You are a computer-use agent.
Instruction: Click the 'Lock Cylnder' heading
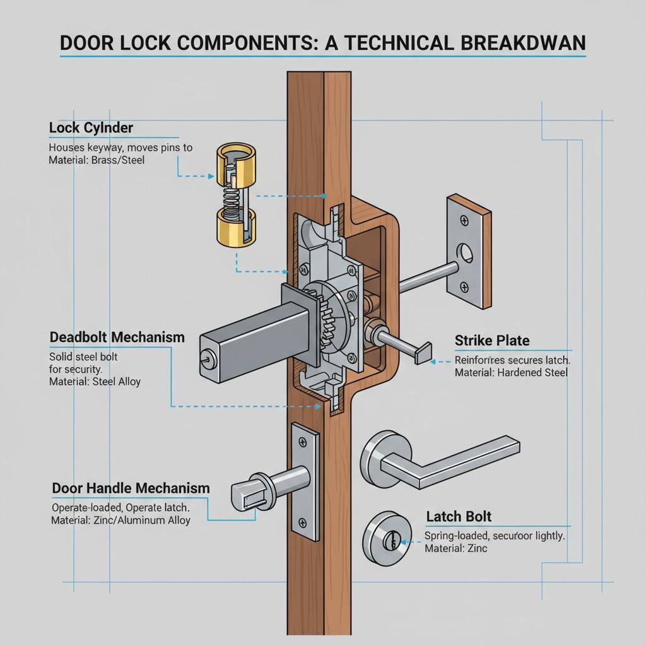click(x=91, y=128)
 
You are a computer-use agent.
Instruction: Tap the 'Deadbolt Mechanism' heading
click(x=117, y=337)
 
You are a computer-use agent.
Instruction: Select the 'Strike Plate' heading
click(x=492, y=341)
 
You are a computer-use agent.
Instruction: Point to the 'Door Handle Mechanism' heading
click(x=131, y=488)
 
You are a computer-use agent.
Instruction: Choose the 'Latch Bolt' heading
click(x=459, y=517)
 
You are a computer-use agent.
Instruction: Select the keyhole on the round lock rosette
click(x=392, y=541)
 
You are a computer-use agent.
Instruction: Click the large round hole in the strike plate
click(x=467, y=252)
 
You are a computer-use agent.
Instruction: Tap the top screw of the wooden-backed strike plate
click(x=465, y=220)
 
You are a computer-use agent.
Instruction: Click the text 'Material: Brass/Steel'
click(x=97, y=160)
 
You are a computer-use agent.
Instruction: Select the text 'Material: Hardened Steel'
click(x=511, y=373)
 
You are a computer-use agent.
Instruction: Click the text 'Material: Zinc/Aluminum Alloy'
click(x=120, y=520)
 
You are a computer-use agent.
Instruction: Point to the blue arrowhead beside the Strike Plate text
click(x=433, y=361)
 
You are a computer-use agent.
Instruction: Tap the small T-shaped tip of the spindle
click(x=422, y=352)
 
